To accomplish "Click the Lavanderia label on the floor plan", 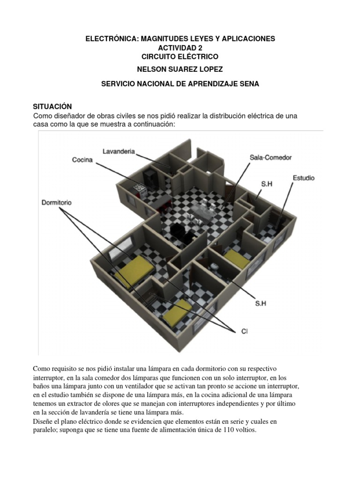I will click(x=119, y=151).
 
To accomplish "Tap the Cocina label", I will click(x=82, y=160).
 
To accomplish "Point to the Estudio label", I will click(x=303, y=178).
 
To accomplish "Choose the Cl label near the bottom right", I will click(x=244, y=331).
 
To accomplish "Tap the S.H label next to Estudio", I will click(x=266, y=184).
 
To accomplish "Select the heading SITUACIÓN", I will click(x=52, y=107).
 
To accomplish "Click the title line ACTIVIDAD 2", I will click(x=180, y=48).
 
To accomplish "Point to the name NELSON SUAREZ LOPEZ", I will click(x=180, y=69).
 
